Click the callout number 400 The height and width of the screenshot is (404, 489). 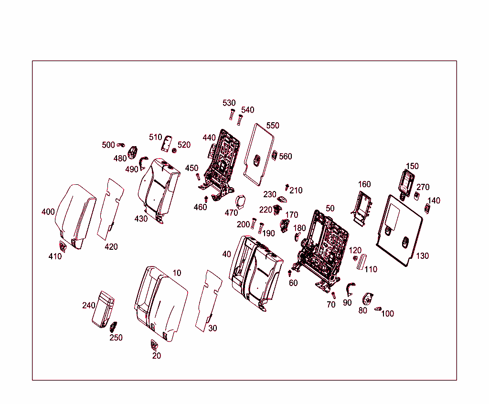[x=48, y=212]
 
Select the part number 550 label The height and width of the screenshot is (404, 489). [x=273, y=126]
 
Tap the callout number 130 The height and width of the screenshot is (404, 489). [x=422, y=256]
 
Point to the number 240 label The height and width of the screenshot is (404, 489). [x=89, y=306]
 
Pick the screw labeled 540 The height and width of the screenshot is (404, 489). [x=240, y=119]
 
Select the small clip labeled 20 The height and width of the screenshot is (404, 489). [x=154, y=344]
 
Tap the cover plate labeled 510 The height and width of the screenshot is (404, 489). [x=167, y=143]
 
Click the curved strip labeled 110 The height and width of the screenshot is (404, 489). [x=361, y=262]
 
